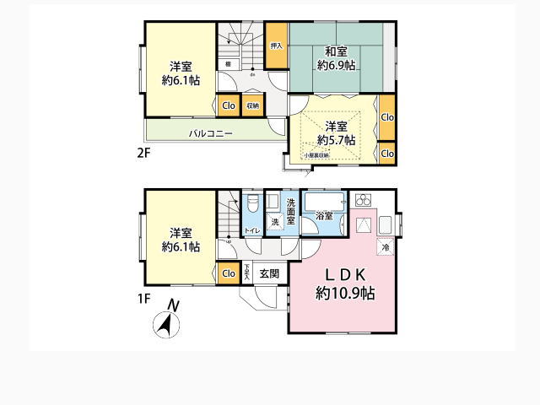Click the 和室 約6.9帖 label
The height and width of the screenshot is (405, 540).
[336, 57]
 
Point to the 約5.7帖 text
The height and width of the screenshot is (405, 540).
[336, 139]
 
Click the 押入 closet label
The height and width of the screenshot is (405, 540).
[276, 46]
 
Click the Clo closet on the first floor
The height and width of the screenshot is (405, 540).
[228, 273]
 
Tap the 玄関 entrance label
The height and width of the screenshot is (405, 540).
[269, 273]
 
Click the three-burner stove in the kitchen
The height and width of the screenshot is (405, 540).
[364, 202]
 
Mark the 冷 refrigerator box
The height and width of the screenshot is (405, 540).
[385, 248]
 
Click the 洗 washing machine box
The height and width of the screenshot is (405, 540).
[275, 222]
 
